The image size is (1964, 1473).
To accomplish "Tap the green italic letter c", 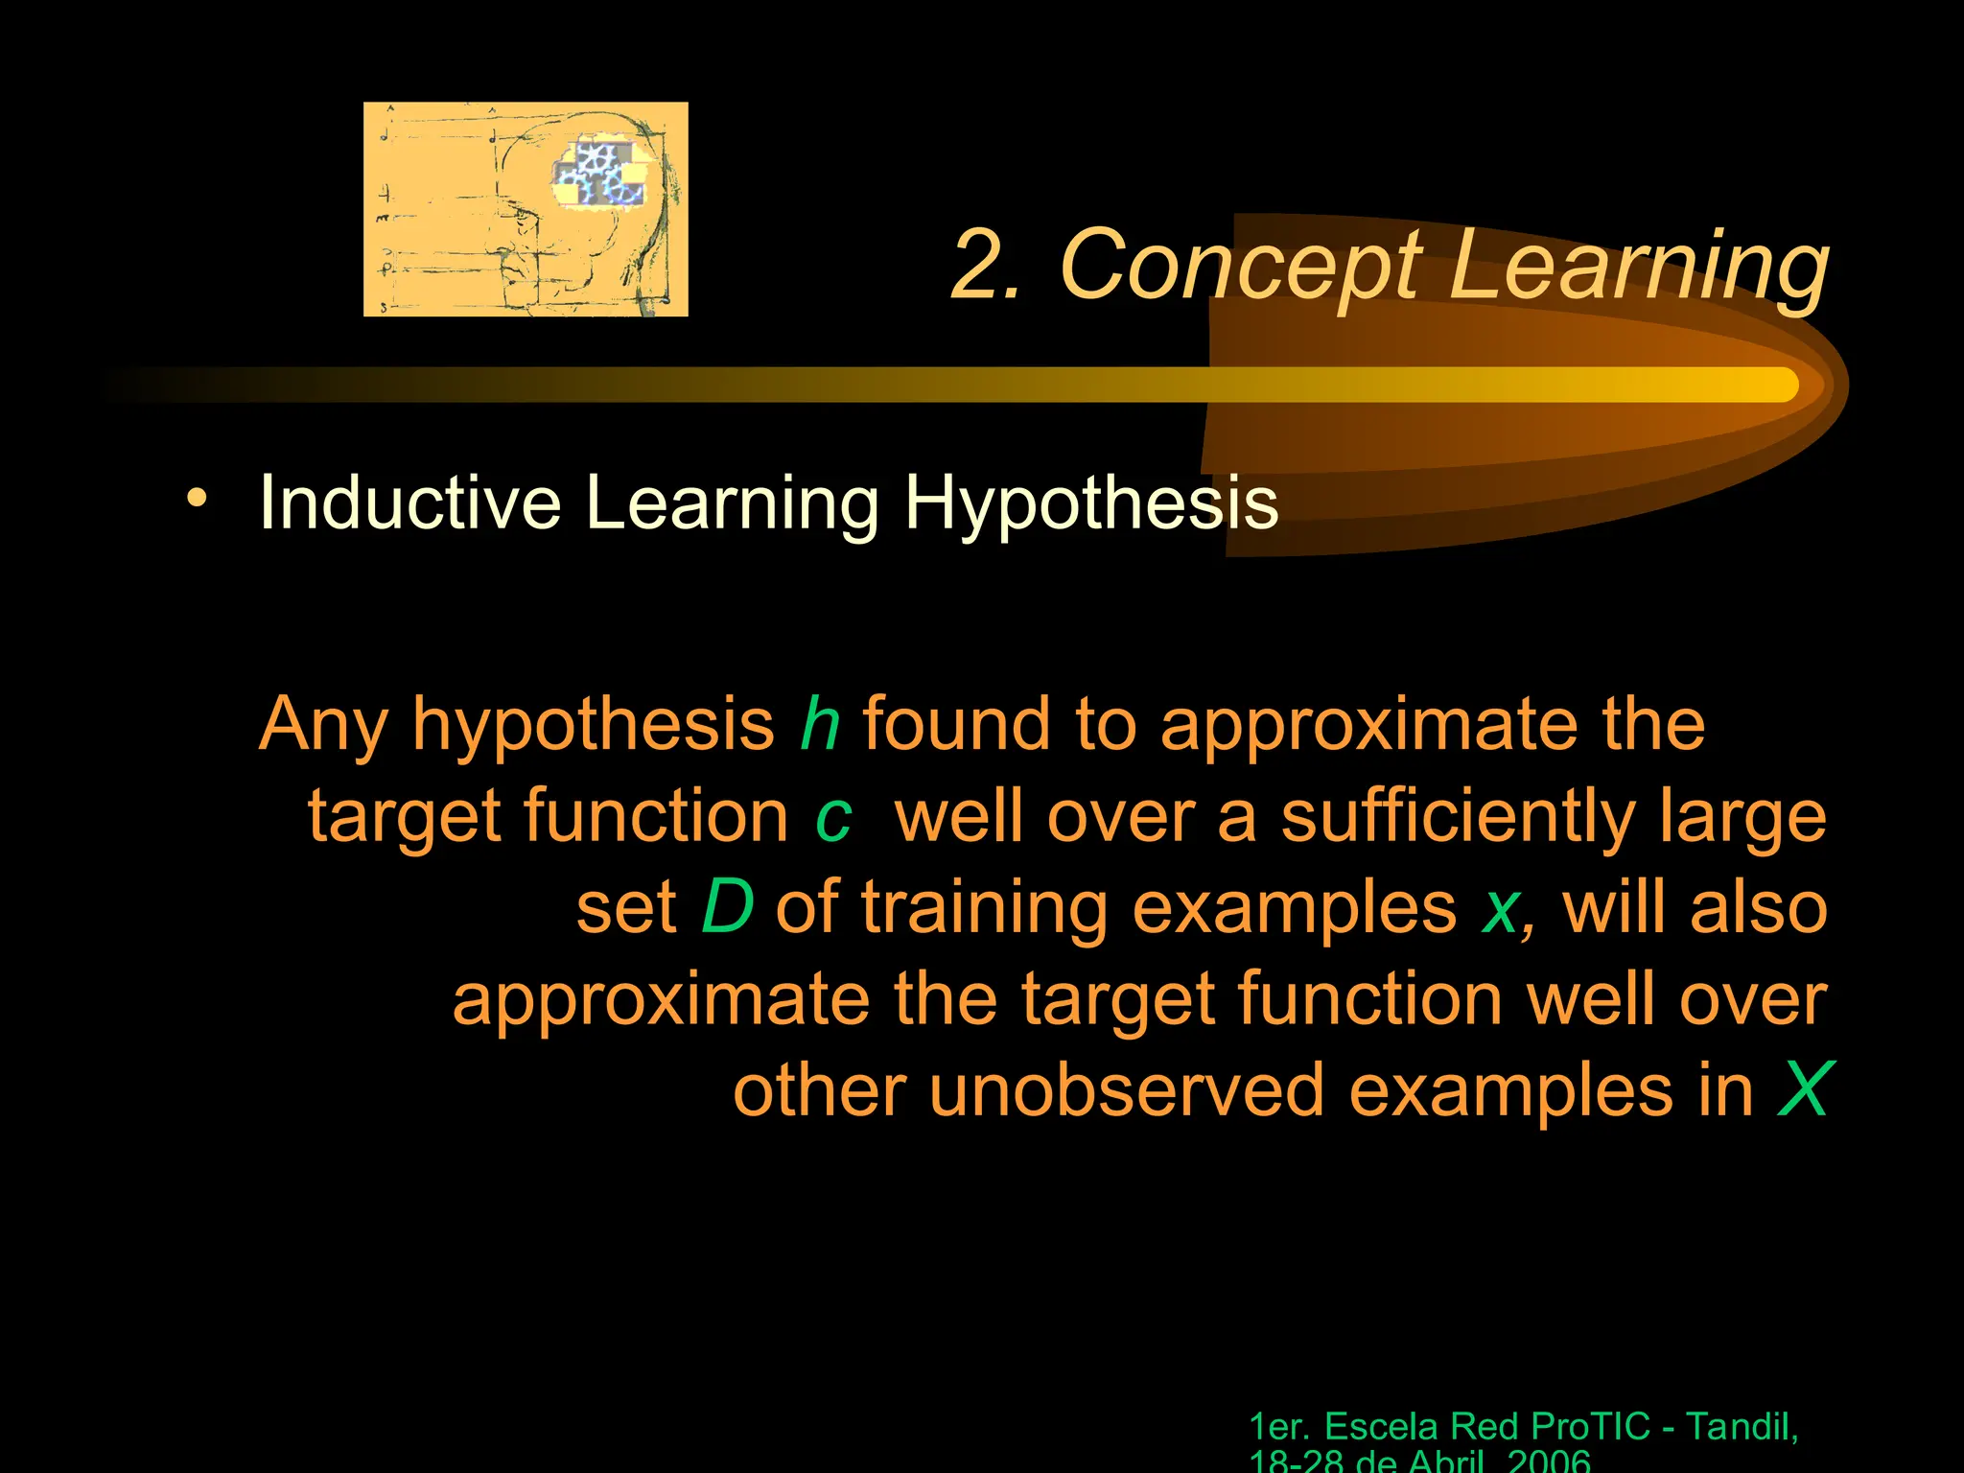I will point(832,817).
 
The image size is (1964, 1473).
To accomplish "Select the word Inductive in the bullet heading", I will point(410,502).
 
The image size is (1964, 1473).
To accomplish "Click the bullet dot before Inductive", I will point(197,498).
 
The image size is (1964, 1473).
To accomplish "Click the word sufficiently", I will point(1458,817).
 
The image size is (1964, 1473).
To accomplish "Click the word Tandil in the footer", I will point(1740,1427).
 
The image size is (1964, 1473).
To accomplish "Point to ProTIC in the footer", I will point(1591,1427).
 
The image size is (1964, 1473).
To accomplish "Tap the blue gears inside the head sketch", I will point(598,174).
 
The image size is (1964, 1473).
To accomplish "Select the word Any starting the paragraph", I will point(324,725).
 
